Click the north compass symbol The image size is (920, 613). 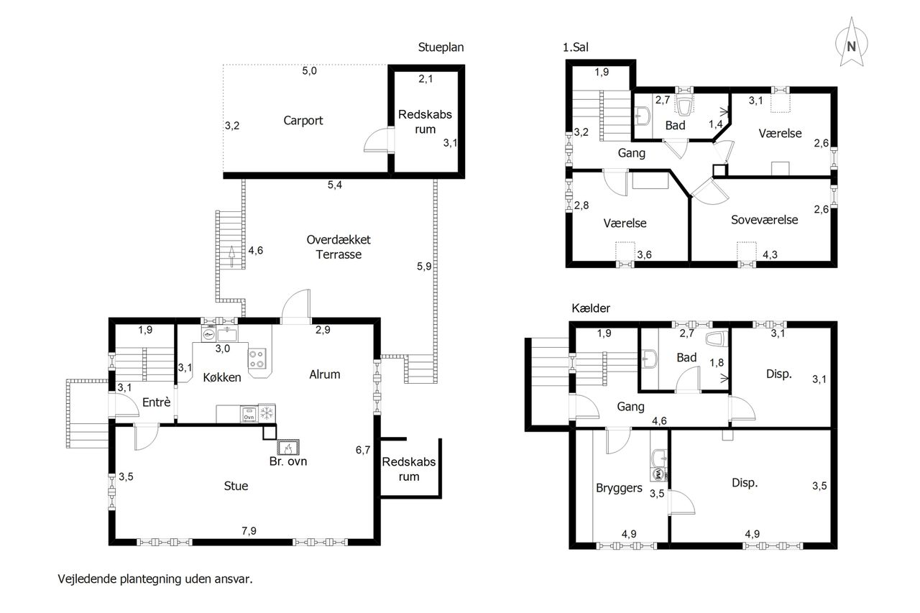point(852,42)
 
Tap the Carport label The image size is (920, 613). point(303,121)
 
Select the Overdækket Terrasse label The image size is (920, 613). point(339,246)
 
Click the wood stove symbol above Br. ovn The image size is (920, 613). point(288,447)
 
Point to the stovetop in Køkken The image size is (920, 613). point(257,359)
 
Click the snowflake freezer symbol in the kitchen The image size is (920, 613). point(267,413)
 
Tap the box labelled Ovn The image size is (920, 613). point(249,414)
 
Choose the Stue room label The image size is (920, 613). point(236,486)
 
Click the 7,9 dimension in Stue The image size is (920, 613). point(249,531)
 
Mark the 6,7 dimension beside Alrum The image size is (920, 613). point(363,450)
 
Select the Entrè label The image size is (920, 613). point(157,402)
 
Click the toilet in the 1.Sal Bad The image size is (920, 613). point(684,106)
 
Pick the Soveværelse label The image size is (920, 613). point(764,220)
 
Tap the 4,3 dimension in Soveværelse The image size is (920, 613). point(770,254)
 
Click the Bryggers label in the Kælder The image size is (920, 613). point(619,488)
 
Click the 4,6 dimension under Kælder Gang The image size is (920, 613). point(659,421)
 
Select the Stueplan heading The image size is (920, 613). point(441,47)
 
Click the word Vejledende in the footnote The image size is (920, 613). point(87,579)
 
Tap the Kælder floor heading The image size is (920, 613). point(591,308)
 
